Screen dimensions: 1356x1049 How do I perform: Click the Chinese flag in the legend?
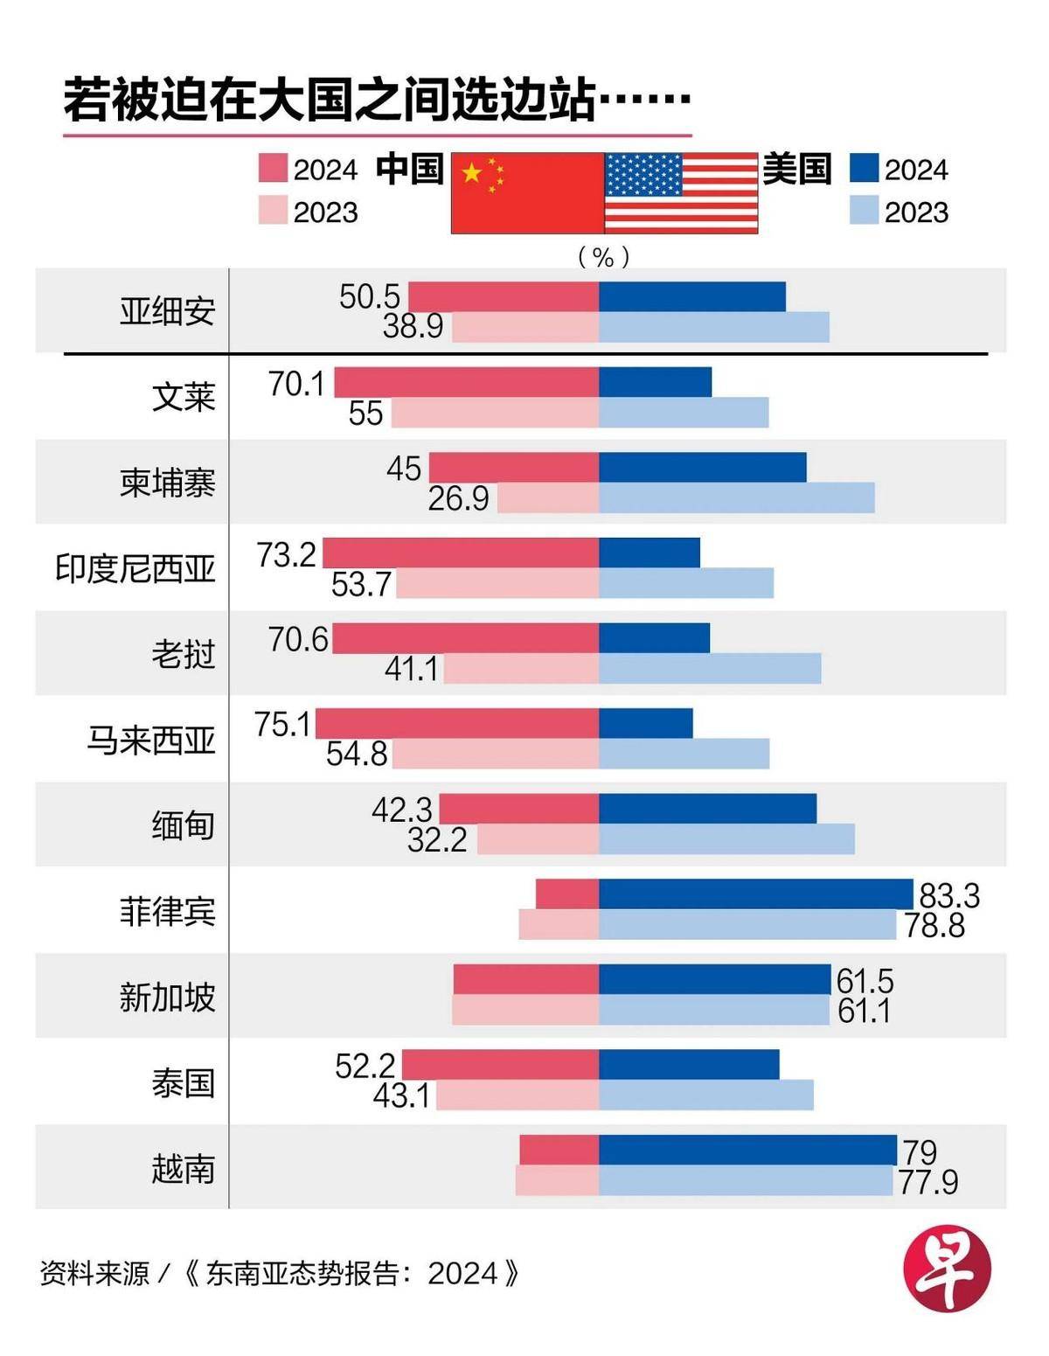click(x=527, y=193)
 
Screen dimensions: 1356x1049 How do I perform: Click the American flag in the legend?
click(x=681, y=193)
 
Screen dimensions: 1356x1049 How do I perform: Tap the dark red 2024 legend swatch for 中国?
click(x=273, y=169)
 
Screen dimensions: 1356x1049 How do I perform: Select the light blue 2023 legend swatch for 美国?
click(x=864, y=211)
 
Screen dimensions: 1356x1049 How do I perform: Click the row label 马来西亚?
click(x=150, y=740)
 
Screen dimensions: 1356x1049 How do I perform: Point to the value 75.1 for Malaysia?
click(x=282, y=724)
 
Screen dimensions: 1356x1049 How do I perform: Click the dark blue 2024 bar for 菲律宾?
click(x=756, y=894)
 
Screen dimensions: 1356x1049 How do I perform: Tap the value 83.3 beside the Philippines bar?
click(x=949, y=895)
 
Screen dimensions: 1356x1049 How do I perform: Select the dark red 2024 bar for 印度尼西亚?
click(x=461, y=553)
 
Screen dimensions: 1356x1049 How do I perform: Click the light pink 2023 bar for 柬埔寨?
click(x=548, y=497)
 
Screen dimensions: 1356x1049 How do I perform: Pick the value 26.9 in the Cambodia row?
click(x=458, y=498)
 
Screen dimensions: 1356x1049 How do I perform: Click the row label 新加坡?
click(x=167, y=997)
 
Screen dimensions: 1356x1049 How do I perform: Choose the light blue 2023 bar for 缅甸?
click(x=726, y=839)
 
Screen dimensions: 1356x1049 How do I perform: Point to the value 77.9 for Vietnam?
click(x=927, y=1182)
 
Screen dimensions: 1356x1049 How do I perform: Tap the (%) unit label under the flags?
click(x=603, y=256)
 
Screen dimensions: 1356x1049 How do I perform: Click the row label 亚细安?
click(x=167, y=311)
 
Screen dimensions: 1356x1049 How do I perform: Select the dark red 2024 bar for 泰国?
click(x=500, y=1065)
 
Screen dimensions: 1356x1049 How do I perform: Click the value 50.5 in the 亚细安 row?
click(x=369, y=296)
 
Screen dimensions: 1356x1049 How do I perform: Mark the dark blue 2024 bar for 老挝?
click(x=654, y=638)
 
